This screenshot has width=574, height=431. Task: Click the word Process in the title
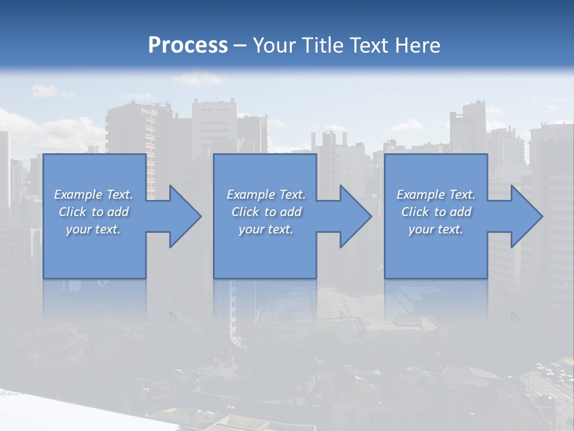pyautogui.click(x=188, y=45)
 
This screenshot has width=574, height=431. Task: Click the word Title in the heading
pyautogui.click(x=323, y=45)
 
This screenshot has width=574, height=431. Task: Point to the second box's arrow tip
pyautogui.click(x=370, y=216)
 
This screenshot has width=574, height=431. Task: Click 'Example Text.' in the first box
pyautogui.click(x=93, y=195)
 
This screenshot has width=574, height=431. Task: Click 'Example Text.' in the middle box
pyautogui.click(x=265, y=195)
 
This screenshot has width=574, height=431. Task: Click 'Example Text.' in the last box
pyautogui.click(x=436, y=195)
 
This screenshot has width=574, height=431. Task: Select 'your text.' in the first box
pyautogui.click(x=93, y=229)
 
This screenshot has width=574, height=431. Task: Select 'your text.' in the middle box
pyautogui.click(x=265, y=229)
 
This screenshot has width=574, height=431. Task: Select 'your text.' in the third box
pyautogui.click(x=436, y=229)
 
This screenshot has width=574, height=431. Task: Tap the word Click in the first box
pyautogui.click(x=72, y=212)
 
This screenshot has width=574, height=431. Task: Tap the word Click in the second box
pyautogui.click(x=245, y=212)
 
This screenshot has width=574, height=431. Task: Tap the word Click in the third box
pyautogui.click(x=415, y=212)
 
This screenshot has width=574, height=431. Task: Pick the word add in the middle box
pyautogui.click(x=291, y=212)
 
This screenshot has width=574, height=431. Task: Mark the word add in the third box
pyautogui.click(x=461, y=212)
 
